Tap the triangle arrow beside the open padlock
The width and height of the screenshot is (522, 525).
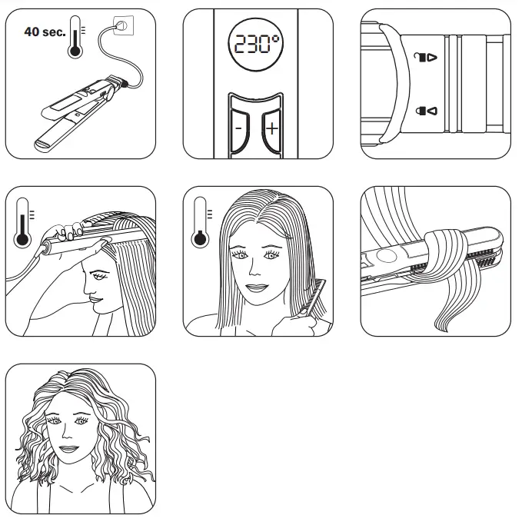click(432, 58)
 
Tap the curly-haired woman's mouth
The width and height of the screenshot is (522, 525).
click(71, 449)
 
